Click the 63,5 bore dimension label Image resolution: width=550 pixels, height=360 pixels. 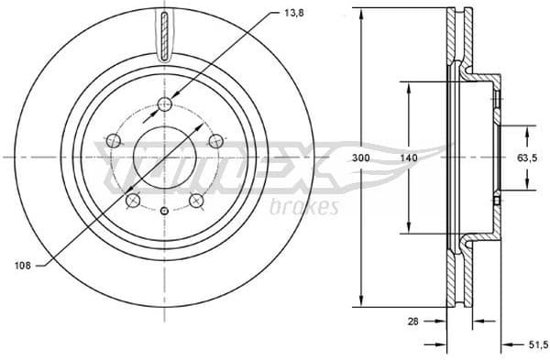[x=527, y=158]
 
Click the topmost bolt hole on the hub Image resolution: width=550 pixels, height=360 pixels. [x=165, y=104]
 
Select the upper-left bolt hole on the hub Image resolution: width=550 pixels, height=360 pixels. [x=113, y=140]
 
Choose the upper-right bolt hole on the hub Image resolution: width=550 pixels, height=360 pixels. [x=216, y=140]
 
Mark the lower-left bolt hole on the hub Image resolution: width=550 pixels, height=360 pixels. [x=133, y=201]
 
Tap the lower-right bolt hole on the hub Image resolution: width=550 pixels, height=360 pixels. [x=196, y=201]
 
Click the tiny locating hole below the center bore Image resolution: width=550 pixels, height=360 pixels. [x=165, y=213]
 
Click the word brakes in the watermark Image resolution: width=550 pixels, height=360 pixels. [x=304, y=207]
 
